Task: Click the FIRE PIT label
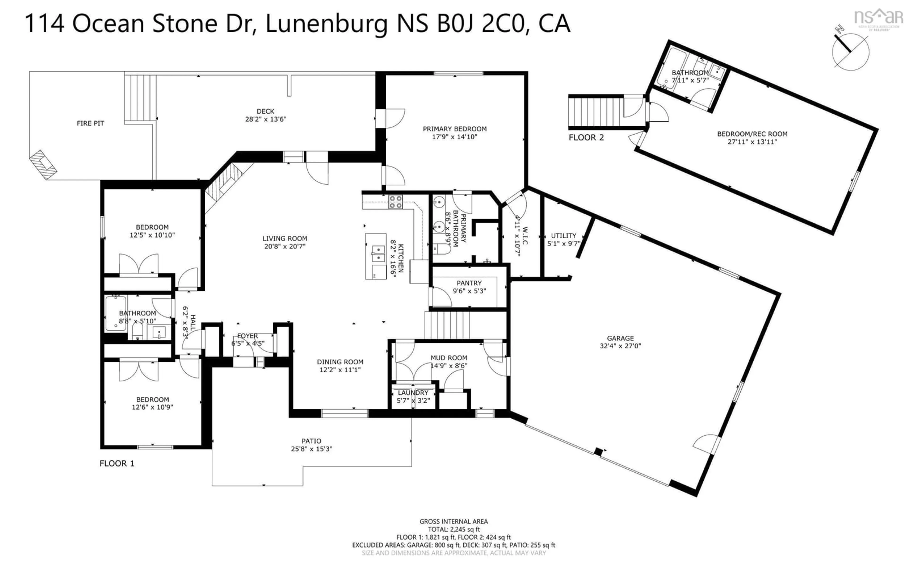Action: [x=90, y=123]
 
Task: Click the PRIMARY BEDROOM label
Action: [x=454, y=129]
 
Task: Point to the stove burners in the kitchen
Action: [x=395, y=202]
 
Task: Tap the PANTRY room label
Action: [x=469, y=283]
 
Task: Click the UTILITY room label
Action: [x=563, y=235]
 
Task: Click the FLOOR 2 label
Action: [x=586, y=138]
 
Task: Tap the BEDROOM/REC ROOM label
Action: [x=752, y=134]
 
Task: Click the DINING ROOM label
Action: [x=340, y=362]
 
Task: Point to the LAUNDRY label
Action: [x=413, y=393]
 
